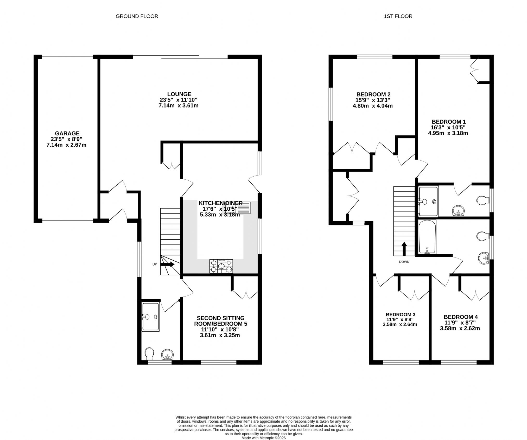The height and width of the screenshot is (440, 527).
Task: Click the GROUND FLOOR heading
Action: pos(137,16)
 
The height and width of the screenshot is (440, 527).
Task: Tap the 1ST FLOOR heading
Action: pos(398,16)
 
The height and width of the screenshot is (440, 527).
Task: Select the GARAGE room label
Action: pos(67,134)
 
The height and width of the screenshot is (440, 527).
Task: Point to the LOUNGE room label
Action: pos(179,94)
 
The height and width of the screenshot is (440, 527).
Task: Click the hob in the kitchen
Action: pos(221,266)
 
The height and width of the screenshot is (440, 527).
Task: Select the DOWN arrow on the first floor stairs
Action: pos(404,249)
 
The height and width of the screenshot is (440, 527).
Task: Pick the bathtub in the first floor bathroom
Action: pos(427,237)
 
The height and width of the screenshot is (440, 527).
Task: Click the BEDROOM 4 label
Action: pos(461,317)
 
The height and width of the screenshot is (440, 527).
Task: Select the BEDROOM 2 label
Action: pos(373,94)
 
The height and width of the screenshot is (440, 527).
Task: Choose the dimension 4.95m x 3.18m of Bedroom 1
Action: pos(448,133)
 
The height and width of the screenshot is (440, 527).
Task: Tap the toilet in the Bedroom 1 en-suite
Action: pos(483,200)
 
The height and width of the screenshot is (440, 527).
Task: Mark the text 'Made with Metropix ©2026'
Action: pos(264,438)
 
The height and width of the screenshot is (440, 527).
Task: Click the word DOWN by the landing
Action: pos(404,262)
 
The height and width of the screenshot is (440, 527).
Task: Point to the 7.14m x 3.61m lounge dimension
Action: pos(179,106)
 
